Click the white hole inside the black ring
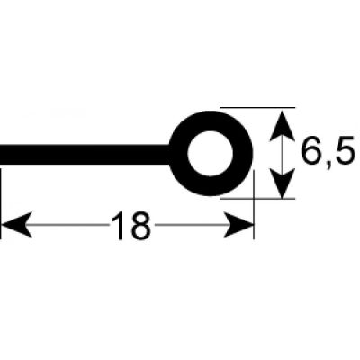pos(210,153)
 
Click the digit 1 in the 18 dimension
pos(120,226)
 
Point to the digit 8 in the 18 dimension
pos(139,226)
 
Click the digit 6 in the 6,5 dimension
pos(312,150)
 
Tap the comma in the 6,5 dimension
pos(329,165)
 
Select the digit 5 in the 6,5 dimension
pos(347,150)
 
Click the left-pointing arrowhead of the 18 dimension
pos(16,225)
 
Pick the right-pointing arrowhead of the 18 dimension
pos(238,225)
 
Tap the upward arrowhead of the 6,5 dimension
pos(282,125)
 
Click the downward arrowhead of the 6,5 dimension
pos(282,184)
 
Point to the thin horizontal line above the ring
pos(257,107)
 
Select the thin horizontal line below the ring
pos(257,198)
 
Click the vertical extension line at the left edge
pos(1,204)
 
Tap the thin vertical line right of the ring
pos(254,204)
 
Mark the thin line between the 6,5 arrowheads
pos(282,155)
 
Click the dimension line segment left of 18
pos(70,225)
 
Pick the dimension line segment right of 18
pos(190,225)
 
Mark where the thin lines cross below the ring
pos(254,198)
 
